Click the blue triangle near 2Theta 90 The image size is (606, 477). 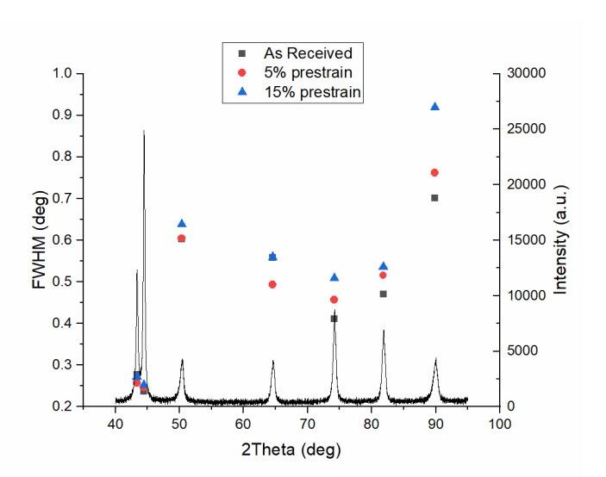point(434,106)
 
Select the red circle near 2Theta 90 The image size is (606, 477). point(434,172)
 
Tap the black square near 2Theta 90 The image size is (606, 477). point(434,198)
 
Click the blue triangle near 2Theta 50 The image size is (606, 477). point(181,223)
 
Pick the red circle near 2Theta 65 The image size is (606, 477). point(272,284)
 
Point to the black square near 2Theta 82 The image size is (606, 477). point(384,294)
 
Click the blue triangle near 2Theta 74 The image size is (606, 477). point(334,277)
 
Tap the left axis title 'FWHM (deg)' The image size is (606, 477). point(41,239)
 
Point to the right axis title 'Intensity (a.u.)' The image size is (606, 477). point(561,239)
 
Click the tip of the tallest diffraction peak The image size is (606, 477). point(144,131)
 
